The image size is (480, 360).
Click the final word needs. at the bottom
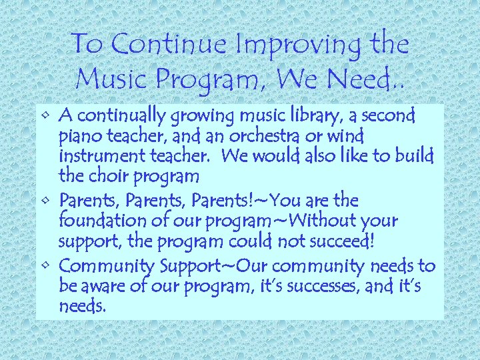82,307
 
